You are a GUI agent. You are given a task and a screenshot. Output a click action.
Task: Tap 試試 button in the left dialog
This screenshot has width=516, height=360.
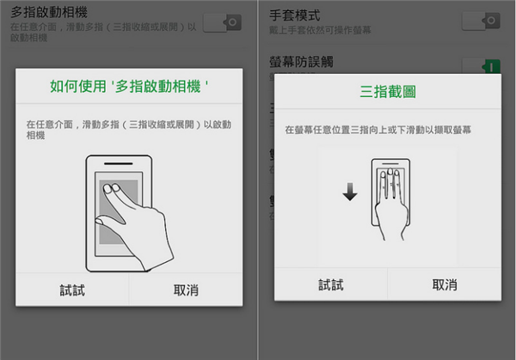pos(71,290)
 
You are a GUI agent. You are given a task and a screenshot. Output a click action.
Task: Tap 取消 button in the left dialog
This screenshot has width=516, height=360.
pos(186,290)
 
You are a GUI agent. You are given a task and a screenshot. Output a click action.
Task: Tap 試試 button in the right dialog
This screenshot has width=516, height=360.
pos(331,284)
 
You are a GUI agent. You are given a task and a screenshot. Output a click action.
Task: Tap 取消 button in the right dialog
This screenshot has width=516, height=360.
pos(445,284)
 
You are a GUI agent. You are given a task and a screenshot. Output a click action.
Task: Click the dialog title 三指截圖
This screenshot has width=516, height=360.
pos(387,91)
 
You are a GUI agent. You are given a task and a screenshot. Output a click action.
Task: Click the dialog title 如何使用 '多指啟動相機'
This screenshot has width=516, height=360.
pos(130,87)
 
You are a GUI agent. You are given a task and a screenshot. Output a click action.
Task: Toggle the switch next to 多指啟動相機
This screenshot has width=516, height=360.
pos(222,22)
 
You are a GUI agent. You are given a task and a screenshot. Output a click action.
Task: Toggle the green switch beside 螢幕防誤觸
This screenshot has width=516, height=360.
pos(481,65)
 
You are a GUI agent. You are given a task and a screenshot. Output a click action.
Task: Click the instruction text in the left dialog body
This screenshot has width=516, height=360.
pos(129,130)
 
